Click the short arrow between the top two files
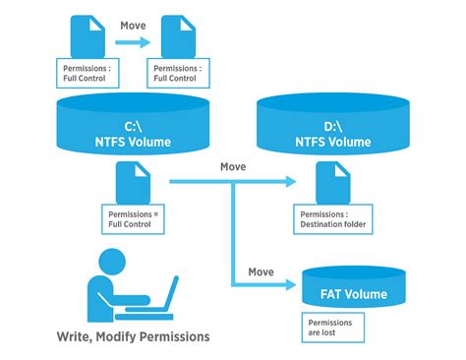click(132, 42)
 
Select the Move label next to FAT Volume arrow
click(261, 271)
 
